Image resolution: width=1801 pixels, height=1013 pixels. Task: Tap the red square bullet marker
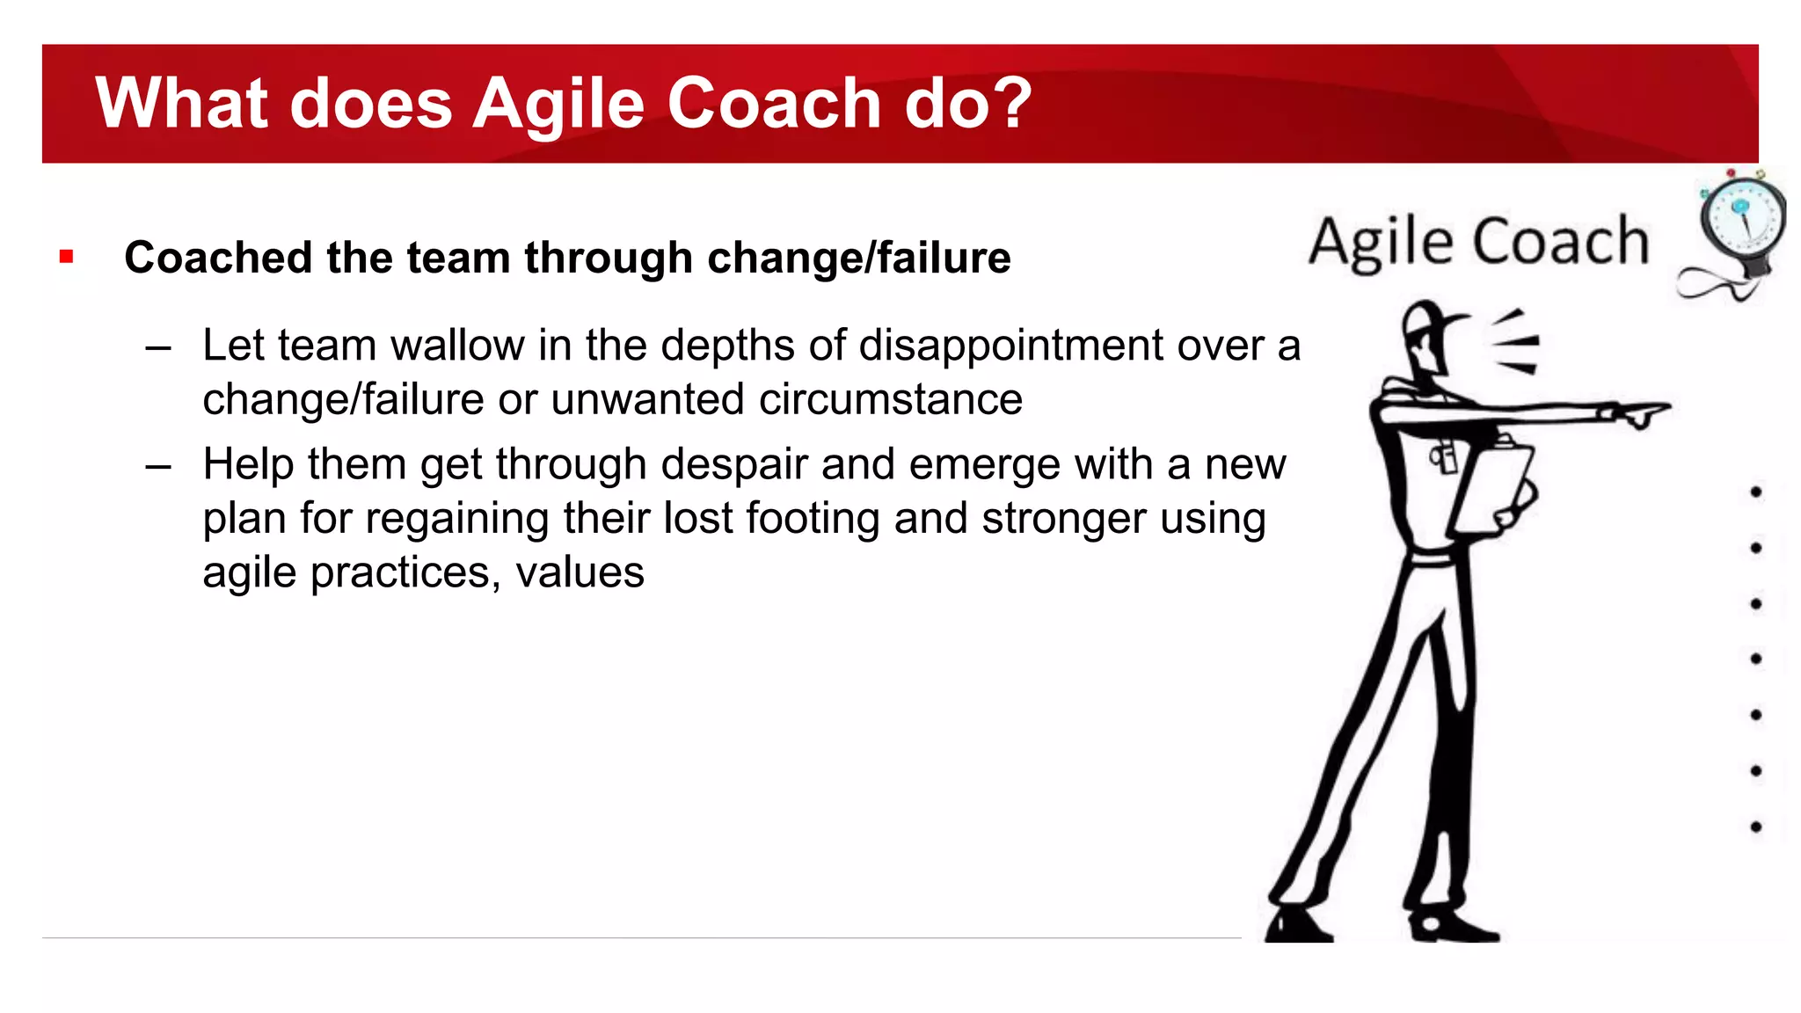click(x=67, y=257)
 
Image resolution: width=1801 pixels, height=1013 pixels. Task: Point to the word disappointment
click(x=1011, y=345)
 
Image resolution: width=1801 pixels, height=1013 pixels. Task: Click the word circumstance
click(x=890, y=399)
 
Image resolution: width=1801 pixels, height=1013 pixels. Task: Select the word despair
click(x=733, y=464)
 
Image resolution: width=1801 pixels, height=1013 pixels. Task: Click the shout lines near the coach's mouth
click(x=1515, y=343)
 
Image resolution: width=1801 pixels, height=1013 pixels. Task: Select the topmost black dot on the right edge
click(x=1755, y=492)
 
